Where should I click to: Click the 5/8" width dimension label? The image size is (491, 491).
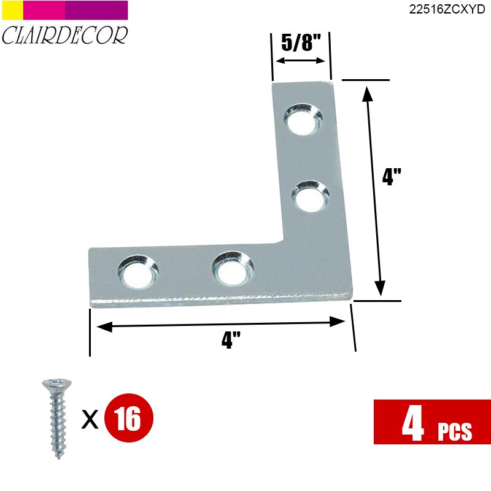pos(301,44)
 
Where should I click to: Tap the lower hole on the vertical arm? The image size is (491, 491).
pos(309,197)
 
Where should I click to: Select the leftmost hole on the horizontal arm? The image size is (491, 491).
pos(137,272)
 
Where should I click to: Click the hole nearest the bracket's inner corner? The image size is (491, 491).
pos(233,269)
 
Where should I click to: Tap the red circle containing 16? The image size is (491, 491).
pos(128,419)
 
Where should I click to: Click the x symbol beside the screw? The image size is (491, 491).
pos(91,420)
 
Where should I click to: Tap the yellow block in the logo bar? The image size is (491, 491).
pos(12,10)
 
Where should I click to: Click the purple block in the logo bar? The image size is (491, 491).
pos(96,10)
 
